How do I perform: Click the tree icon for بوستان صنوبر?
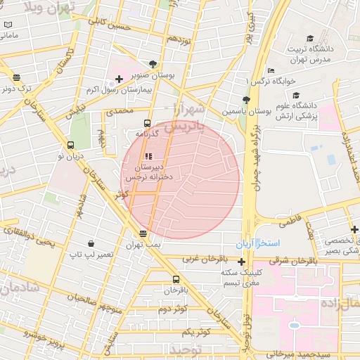pyautogui.click(x=153, y=63)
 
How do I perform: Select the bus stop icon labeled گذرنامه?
pyautogui.click(x=146, y=123)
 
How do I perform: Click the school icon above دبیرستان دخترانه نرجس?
pyautogui.click(x=148, y=156)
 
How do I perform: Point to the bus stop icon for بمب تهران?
pyautogui.click(x=143, y=233)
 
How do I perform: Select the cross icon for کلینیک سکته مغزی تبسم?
pyautogui.click(x=242, y=262)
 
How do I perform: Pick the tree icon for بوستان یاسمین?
pyautogui.click(x=245, y=100)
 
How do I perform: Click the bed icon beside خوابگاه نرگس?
pyautogui.click(x=271, y=70)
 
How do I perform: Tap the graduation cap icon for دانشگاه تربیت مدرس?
pyautogui.click(x=310, y=39)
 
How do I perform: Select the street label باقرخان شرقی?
pyautogui.click(x=312, y=259)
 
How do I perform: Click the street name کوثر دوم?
pyautogui.click(x=172, y=309)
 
